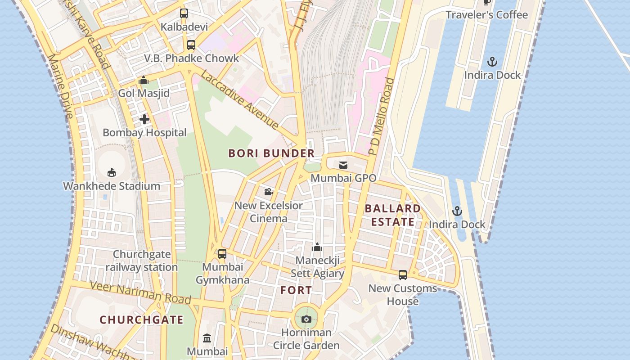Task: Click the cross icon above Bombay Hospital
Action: (144, 119)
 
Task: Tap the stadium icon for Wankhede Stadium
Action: (112, 172)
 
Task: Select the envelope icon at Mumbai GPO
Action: (343, 165)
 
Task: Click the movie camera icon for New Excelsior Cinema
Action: (268, 192)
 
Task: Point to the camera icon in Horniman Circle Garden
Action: (306, 319)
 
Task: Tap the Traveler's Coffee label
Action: (486, 15)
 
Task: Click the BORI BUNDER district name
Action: (271, 153)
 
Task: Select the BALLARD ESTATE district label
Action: (392, 215)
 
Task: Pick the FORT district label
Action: (296, 290)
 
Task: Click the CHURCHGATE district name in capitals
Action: (141, 320)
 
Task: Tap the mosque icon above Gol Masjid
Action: (144, 81)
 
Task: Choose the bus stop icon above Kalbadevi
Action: (184, 13)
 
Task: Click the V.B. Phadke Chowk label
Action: (192, 58)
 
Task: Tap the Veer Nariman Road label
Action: (140, 292)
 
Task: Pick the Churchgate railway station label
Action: (142, 261)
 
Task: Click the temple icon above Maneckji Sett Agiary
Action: (317, 247)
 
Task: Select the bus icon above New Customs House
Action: (403, 274)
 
